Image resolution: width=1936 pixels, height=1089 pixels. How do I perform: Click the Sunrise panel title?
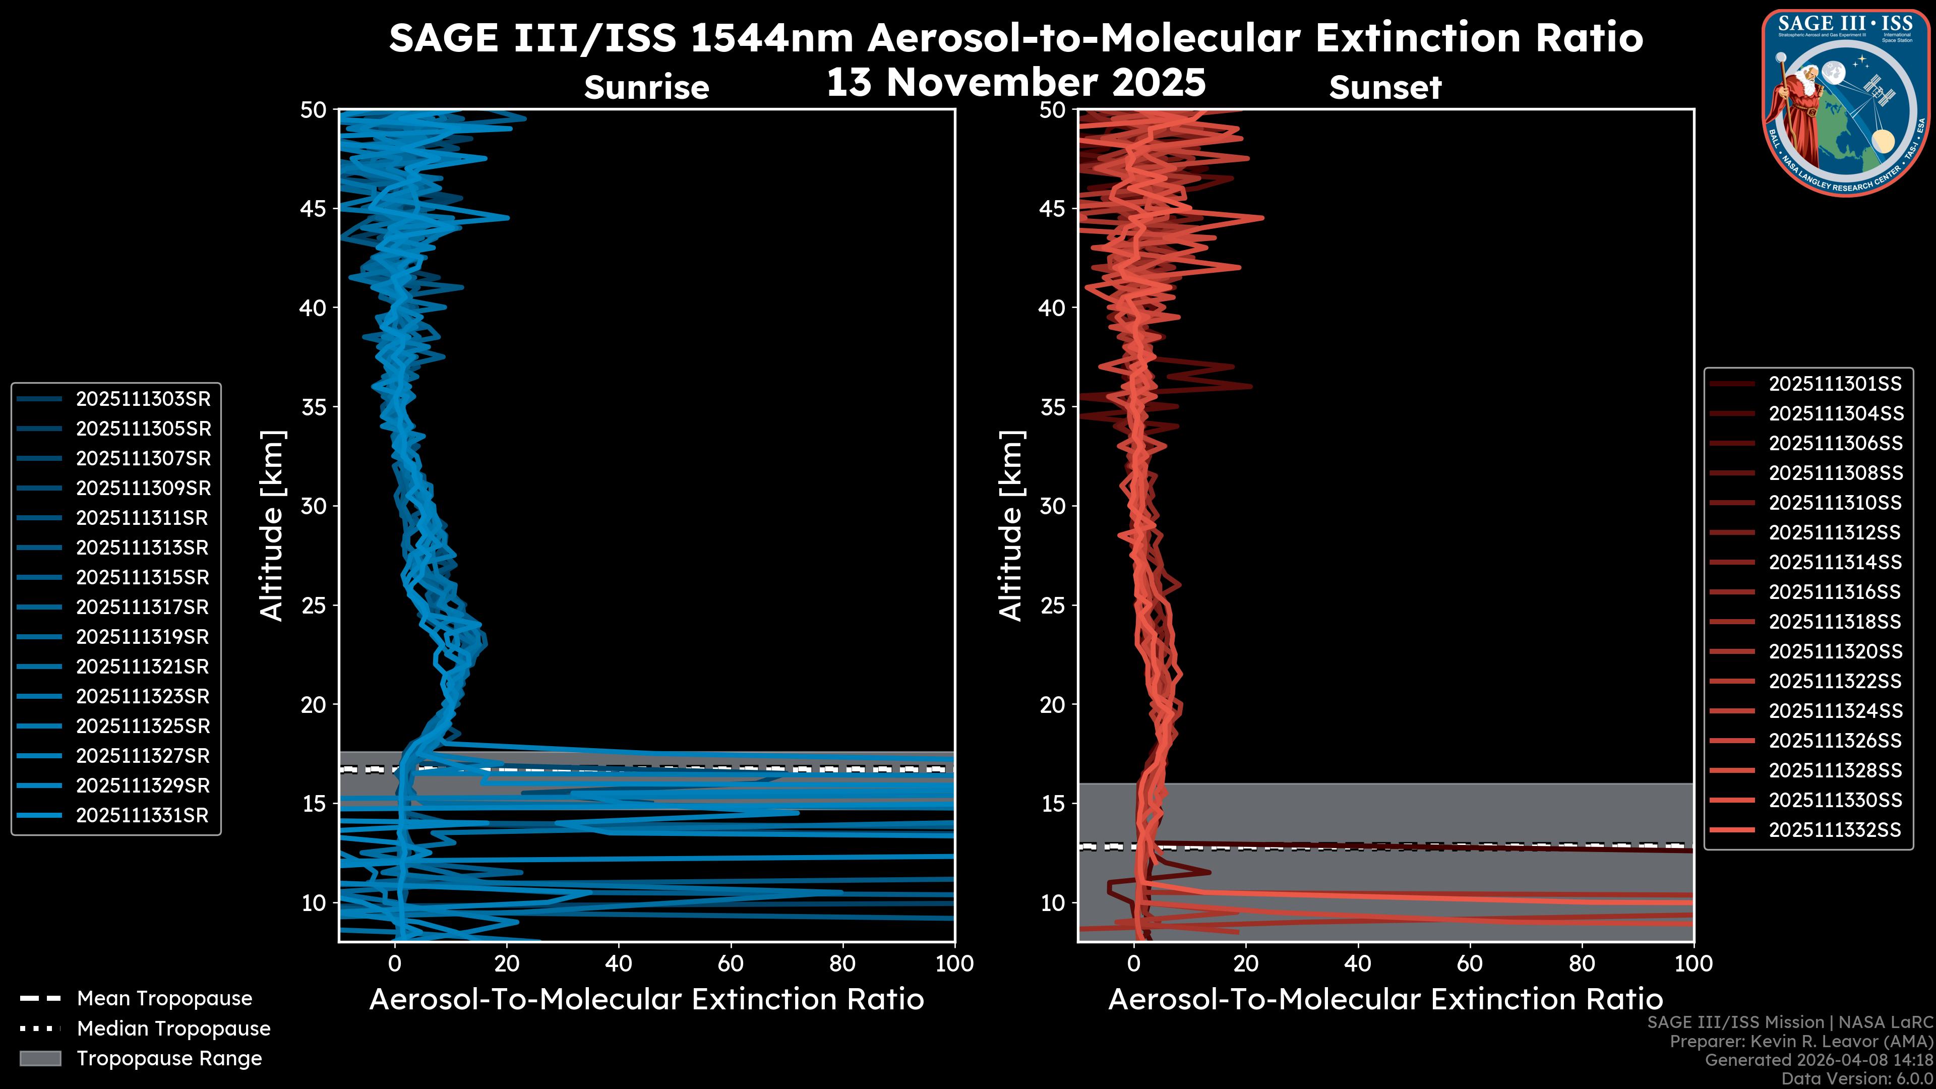click(x=646, y=88)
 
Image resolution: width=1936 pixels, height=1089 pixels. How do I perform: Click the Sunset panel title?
click(x=1385, y=88)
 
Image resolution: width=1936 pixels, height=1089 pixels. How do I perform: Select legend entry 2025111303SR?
click(x=143, y=399)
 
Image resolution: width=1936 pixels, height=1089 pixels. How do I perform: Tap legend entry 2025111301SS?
click(x=1835, y=384)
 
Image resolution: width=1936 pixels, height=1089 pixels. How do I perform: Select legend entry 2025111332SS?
click(x=1835, y=830)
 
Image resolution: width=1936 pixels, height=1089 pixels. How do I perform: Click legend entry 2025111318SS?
click(x=1835, y=622)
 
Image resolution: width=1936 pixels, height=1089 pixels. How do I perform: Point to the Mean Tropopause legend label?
click(x=164, y=999)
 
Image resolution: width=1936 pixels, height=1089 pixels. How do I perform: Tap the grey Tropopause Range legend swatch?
click(x=40, y=1058)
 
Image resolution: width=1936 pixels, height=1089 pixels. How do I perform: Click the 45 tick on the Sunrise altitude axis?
click(x=314, y=208)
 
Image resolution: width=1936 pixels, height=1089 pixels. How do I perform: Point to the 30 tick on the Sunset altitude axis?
click(x=1053, y=506)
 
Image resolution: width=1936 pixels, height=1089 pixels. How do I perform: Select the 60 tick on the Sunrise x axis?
click(x=731, y=963)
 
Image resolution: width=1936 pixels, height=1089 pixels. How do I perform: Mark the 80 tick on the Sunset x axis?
click(x=1582, y=963)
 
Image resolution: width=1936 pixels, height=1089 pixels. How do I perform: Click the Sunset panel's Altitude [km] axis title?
click(x=1011, y=526)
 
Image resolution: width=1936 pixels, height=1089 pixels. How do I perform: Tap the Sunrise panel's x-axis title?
click(x=646, y=1000)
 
